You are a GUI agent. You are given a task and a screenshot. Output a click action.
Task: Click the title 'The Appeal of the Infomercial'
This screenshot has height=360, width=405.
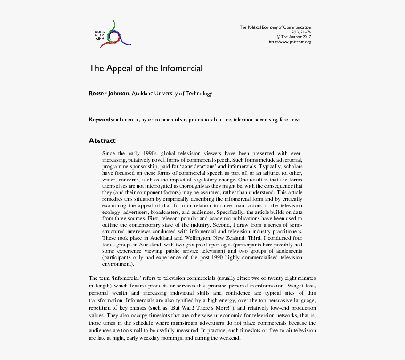pyautogui.click(x=146, y=68)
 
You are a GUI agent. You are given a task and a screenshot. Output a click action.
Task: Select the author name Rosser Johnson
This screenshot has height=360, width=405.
pyautogui.click(x=109, y=93)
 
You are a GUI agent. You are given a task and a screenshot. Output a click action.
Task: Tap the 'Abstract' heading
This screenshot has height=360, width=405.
pyautogui.click(x=102, y=140)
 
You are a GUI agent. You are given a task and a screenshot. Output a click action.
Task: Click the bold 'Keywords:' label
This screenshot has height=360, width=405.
pyautogui.click(x=102, y=120)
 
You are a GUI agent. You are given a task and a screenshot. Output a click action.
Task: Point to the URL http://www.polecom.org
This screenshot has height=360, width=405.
pyautogui.click(x=290, y=42)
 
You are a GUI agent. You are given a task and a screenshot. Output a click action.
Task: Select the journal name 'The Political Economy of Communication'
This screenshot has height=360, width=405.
pyautogui.click(x=275, y=27)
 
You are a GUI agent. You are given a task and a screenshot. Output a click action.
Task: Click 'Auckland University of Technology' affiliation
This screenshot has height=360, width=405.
pyautogui.click(x=172, y=93)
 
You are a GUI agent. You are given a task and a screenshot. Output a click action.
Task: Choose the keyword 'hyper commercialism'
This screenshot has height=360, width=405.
pyautogui.click(x=164, y=120)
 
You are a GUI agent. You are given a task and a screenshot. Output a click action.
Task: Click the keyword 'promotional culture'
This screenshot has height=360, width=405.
pyautogui.click(x=210, y=120)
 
